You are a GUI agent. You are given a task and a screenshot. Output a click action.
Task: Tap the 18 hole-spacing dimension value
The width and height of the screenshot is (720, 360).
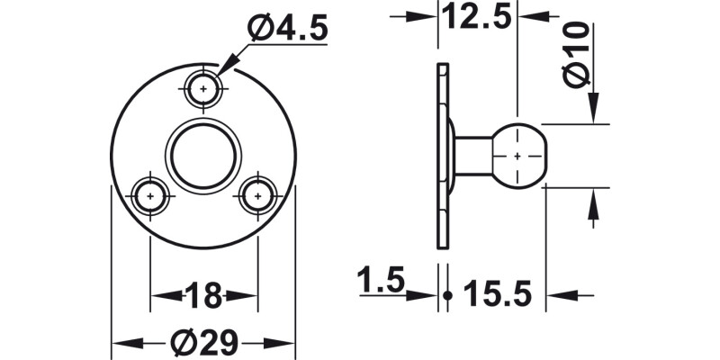[x=203, y=294]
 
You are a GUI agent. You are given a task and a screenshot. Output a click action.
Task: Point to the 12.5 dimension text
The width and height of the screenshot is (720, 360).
[x=477, y=15]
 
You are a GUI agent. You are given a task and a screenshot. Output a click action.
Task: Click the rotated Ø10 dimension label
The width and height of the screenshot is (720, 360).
[x=579, y=55]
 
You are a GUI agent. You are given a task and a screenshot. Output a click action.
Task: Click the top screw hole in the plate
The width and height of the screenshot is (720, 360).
[x=203, y=88]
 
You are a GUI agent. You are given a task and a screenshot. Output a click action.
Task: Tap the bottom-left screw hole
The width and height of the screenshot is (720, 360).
[x=150, y=194]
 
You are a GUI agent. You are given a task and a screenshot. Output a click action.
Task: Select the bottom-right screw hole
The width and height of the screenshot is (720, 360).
[x=257, y=194]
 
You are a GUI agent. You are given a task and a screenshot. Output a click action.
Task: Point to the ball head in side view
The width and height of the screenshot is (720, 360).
[x=519, y=155]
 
